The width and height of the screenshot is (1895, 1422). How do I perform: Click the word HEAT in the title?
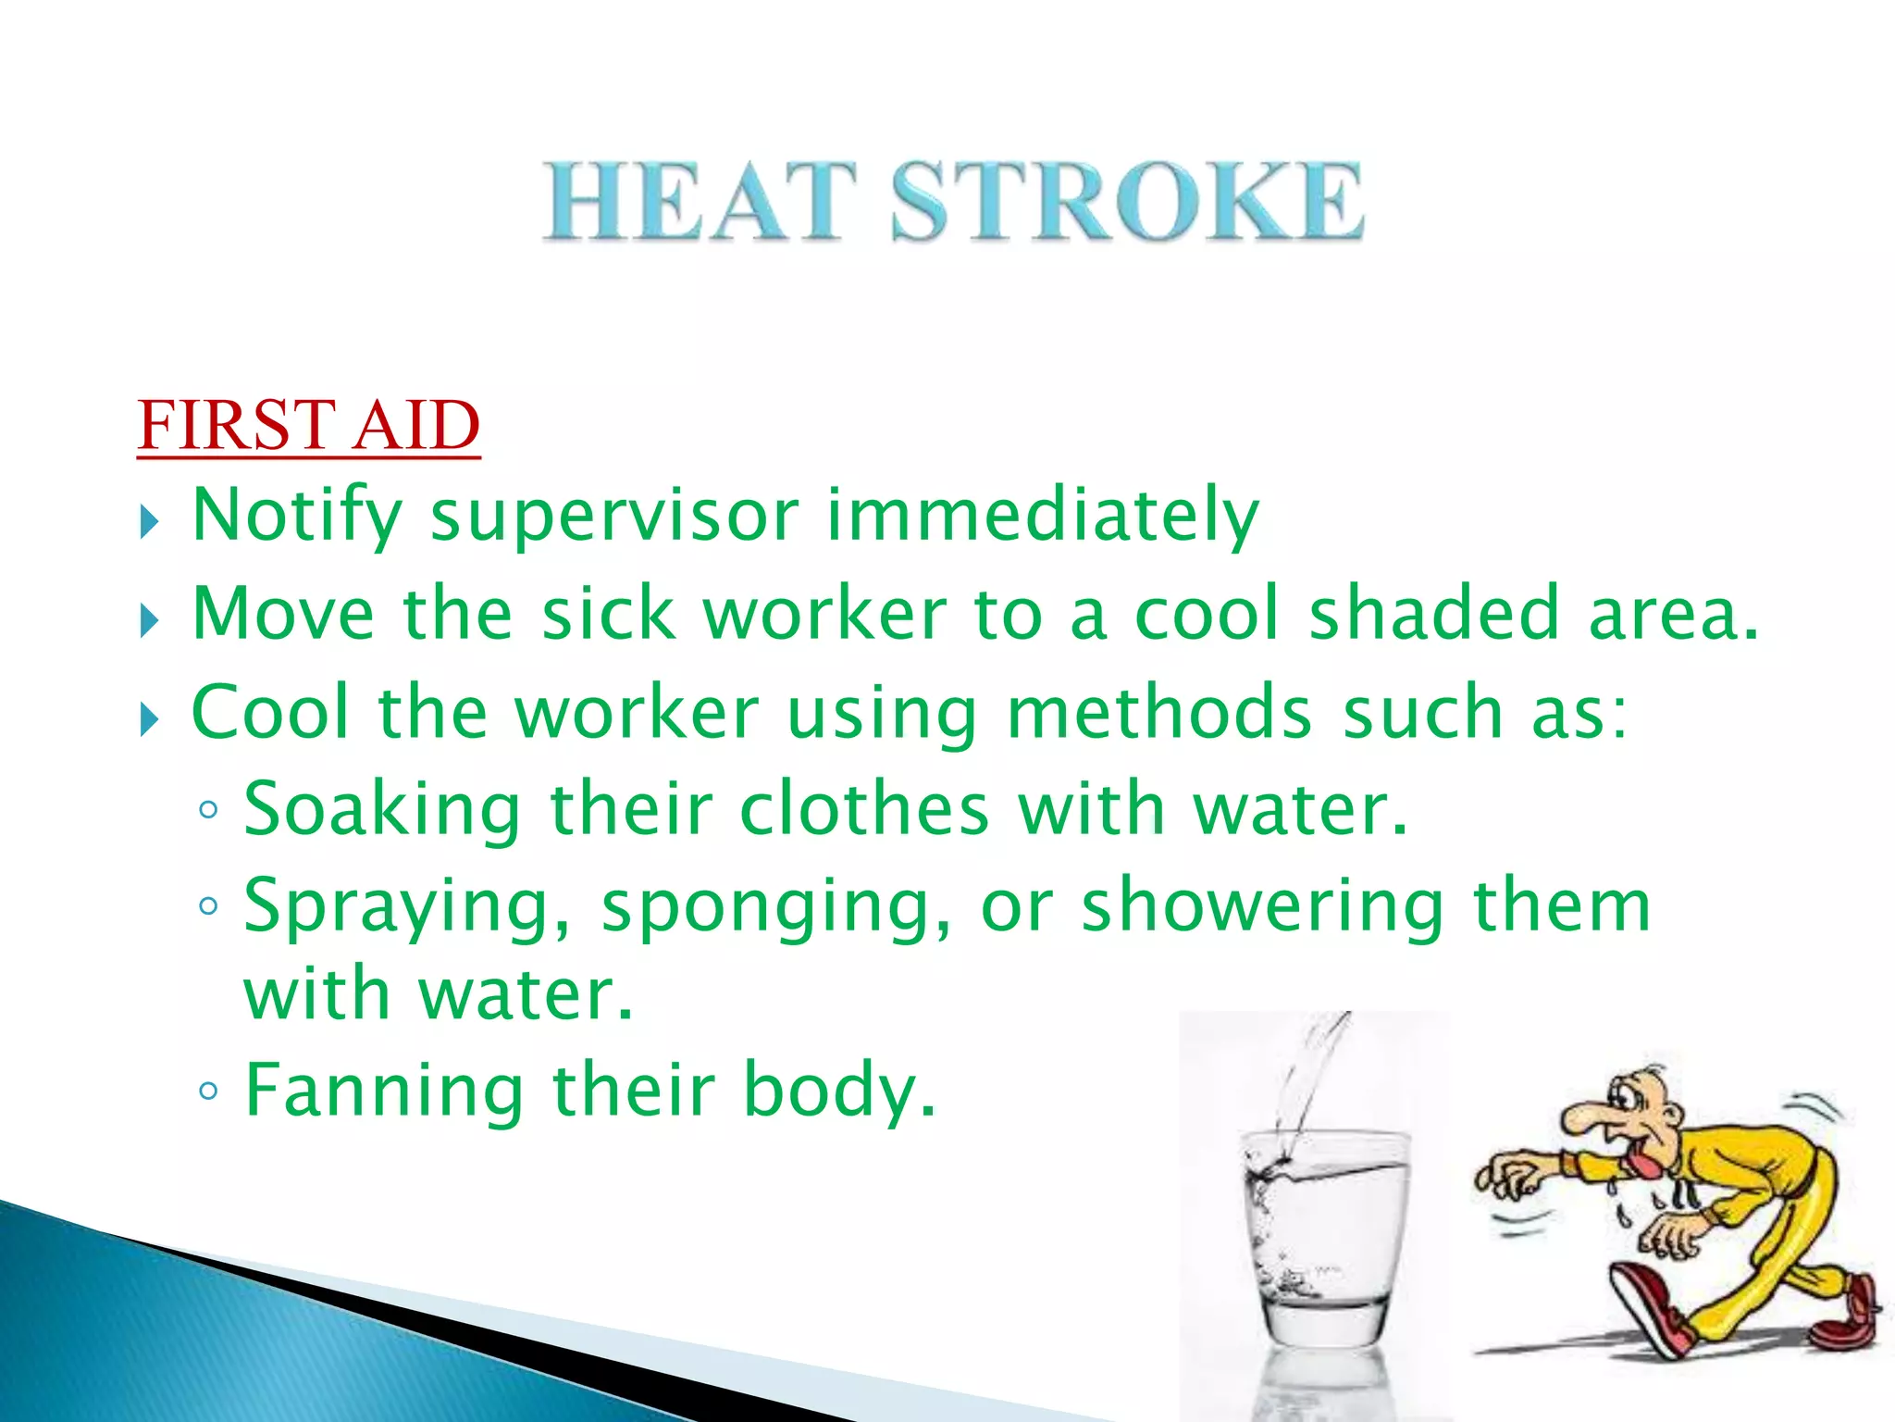click(x=699, y=202)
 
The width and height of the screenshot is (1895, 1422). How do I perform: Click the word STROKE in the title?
click(x=1126, y=202)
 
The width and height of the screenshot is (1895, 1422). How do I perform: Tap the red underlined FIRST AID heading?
click(x=308, y=426)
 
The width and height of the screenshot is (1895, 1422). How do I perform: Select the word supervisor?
click(x=614, y=516)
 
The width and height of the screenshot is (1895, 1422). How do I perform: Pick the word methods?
click(x=1159, y=713)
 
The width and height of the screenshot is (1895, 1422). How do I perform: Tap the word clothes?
click(x=864, y=809)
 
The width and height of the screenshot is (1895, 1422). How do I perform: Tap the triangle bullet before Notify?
click(x=150, y=523)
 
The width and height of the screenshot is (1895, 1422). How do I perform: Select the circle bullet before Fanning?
click(x=208, y=1092)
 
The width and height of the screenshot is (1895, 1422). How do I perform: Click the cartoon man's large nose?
click(x=1584, y=1116)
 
